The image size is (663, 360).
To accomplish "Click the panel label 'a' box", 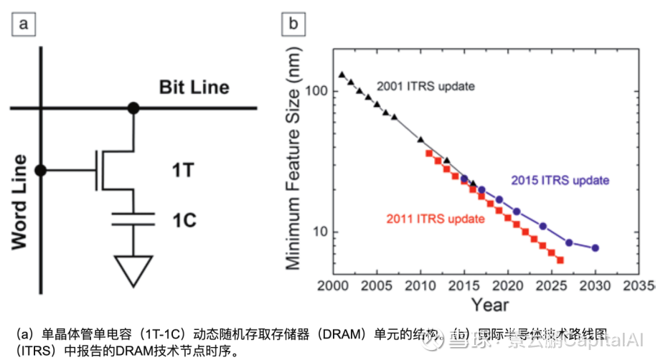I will (26, 25).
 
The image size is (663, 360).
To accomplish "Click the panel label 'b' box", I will (293, 25).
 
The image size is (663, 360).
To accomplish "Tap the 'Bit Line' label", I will (194, 87).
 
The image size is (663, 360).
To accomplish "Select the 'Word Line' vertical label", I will (19, 202).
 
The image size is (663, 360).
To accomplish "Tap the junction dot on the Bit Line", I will (133, 108).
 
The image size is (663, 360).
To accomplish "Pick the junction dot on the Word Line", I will (42, 170).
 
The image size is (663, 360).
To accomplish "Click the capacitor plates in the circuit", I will (133, 218).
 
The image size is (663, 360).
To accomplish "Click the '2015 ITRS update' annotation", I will (560, 180).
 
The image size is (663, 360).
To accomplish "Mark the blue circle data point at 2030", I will (596, 247).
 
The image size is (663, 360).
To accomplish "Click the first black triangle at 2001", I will (342, 75).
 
